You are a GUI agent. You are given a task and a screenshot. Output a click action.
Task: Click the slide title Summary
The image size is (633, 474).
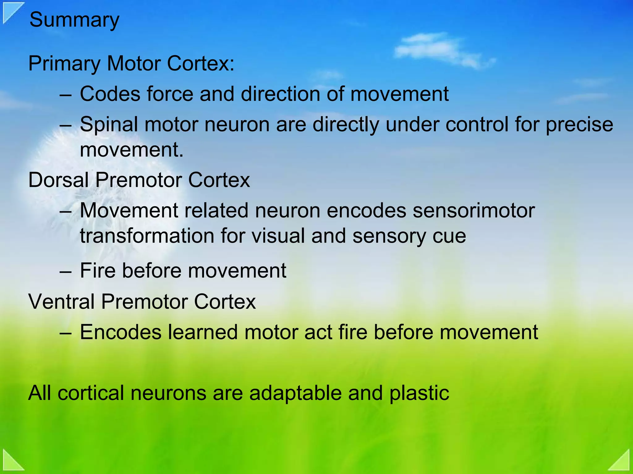click(74, 20)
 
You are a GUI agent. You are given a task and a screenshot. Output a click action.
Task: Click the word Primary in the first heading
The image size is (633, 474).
click(64, 64)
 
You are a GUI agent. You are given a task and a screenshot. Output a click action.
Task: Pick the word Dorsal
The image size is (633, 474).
click(58, 180)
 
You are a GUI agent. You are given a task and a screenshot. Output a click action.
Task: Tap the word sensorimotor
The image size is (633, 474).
click(474, 210)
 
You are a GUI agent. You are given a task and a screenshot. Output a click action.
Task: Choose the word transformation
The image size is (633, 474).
click(147, 236)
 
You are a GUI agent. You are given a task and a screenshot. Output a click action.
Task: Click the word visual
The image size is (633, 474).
click(278, 236)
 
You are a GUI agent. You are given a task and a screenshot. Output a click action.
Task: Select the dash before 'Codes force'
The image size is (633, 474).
click(66, 95)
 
